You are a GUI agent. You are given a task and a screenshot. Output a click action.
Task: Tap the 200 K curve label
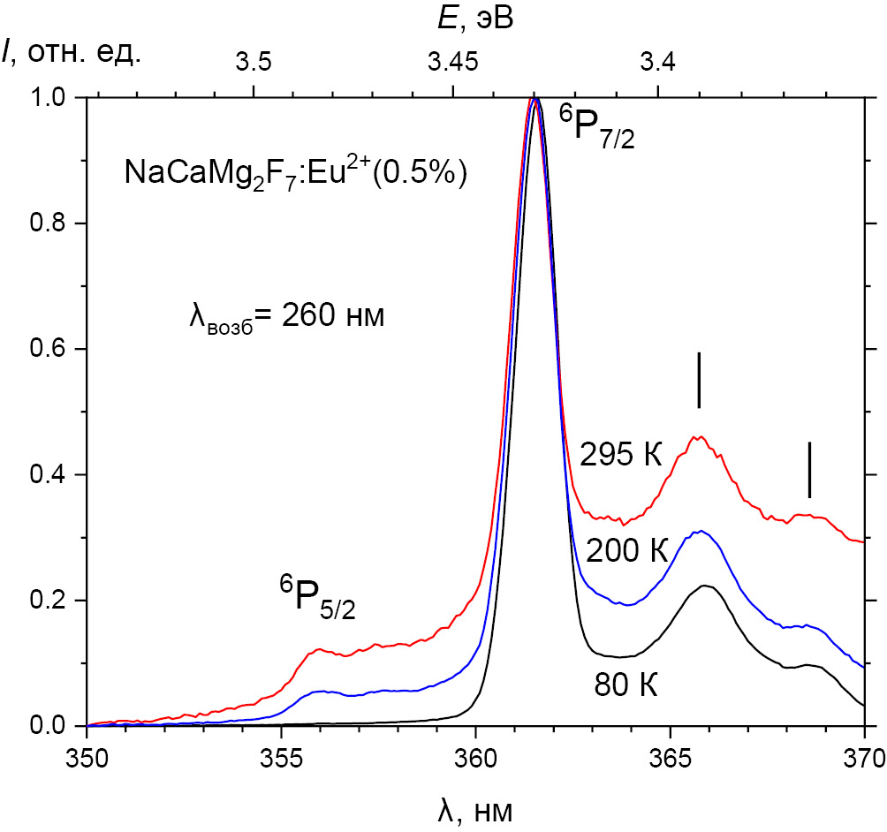coord(626,551)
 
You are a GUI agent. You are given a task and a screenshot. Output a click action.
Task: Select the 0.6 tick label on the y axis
coord(51,350)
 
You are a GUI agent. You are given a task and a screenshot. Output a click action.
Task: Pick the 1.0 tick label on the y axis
coord(51,98)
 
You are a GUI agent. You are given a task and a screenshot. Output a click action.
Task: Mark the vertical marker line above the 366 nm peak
coord(699,380)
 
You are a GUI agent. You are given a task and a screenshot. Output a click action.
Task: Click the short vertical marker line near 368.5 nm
coord(809,470)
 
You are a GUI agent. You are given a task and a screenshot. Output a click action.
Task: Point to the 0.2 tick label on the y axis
coord(51,601)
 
